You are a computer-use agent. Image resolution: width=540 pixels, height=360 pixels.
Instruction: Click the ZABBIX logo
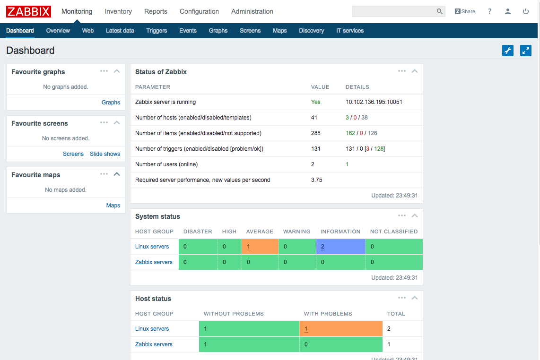(28, 11)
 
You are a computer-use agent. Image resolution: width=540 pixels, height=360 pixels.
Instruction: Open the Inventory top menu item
(118, 11)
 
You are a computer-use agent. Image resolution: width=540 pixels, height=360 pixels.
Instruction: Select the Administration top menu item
(252, 11)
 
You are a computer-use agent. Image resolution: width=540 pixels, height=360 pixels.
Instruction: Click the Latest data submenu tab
(120, 31)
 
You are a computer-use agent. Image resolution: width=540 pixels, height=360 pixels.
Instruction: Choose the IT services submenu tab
(350, 31)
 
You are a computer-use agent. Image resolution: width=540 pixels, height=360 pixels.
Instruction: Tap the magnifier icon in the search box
(439, 11)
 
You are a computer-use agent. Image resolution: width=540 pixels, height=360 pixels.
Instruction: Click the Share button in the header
(465, 11)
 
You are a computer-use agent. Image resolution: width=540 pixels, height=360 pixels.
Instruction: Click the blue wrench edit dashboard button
(508, 51)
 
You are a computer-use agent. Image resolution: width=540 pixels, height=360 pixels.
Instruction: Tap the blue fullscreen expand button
(526, 51)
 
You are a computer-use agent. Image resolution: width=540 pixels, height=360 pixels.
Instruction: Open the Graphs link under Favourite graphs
(111, 103)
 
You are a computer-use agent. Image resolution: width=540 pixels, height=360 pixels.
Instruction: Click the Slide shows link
(105, 154)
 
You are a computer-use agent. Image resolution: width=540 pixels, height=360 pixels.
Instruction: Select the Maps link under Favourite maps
(113, 206)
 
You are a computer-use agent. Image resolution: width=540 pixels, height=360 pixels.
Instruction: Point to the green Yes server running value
(315, 102)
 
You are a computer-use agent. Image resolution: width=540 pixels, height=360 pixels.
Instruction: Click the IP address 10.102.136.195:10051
(374, 102)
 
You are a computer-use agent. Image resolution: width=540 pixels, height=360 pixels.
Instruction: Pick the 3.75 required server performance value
(316, 180)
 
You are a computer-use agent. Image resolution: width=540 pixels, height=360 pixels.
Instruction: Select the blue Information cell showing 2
(340, 247)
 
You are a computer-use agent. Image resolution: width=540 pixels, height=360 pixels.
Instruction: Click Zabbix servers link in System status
(154, 262)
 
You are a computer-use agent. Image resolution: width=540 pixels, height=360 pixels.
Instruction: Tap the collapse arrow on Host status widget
(415, 298)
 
